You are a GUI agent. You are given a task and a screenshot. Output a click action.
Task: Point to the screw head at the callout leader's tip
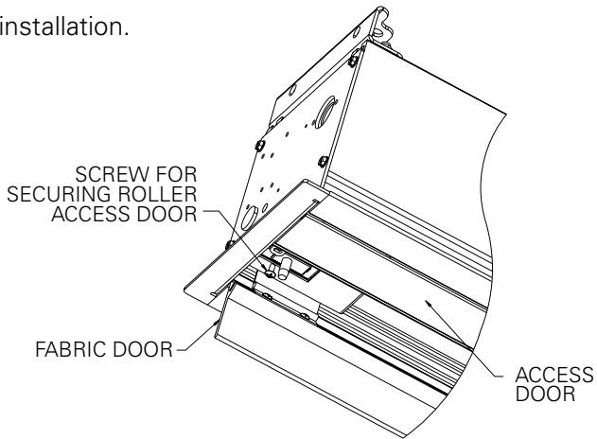(x=269, y=273)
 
